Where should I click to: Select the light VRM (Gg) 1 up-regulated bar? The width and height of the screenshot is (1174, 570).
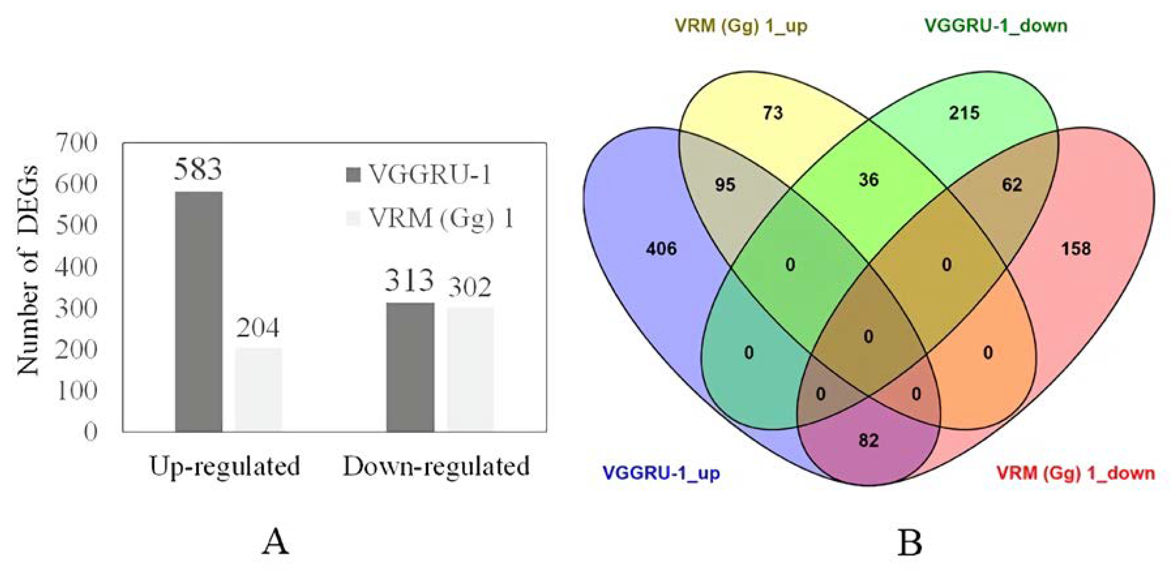point(259,389)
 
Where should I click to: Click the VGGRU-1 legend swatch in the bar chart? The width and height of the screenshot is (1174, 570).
point(353,175)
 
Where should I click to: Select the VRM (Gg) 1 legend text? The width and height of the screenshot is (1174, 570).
point(441,218)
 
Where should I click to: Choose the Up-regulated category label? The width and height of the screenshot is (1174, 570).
point(225,466)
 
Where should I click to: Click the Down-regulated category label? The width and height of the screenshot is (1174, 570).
point(436,466)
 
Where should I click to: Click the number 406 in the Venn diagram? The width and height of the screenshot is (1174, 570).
point(661,249)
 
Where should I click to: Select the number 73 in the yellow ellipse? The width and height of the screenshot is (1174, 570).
point(773,113)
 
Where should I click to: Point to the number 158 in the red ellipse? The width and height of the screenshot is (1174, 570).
point(1076,249)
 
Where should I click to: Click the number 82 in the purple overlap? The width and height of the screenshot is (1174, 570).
point(868,440)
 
